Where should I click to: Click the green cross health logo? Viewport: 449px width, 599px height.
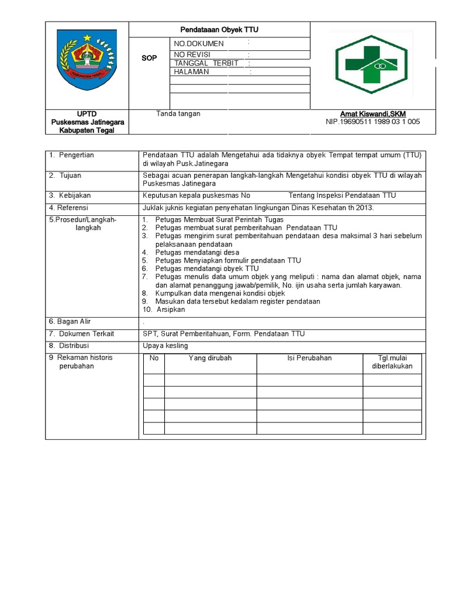click(x=373, y=65)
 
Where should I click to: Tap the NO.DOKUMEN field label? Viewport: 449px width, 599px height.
click(x=199, y=44)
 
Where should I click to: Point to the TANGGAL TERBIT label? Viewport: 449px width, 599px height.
click(x=206, y=63)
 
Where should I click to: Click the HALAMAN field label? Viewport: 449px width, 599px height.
click(x=191, y=72)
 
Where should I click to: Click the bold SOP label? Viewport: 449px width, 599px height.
click(x=149, y=58)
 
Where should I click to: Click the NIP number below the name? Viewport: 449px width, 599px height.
click(x=372, y=122)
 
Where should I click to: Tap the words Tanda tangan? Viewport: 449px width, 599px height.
click(x=178, y=113)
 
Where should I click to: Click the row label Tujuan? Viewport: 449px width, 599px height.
click(x=70, y=175)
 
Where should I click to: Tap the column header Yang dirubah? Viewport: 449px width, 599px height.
click(x=210, y=358)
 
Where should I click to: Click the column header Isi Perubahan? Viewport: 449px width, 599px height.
click(x=309, y=358)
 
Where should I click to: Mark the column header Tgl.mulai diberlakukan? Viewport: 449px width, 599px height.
click(x=392, y=362)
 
